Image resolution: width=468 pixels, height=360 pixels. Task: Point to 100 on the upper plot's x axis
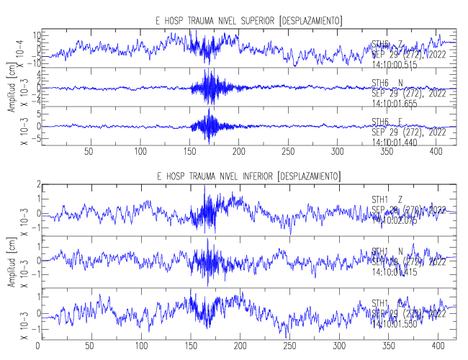[x=140, y=152]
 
